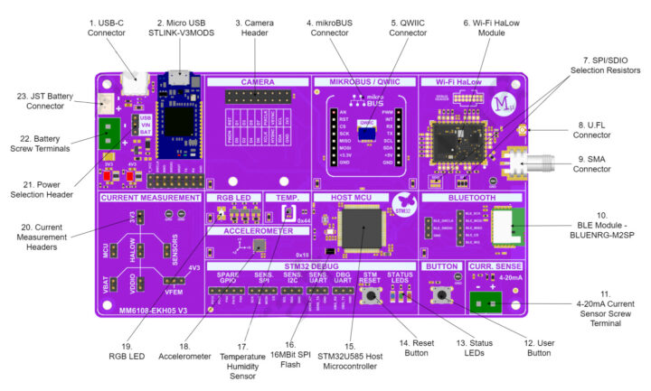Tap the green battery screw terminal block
(x=109, y=135)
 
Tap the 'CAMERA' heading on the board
(x=257, y=81)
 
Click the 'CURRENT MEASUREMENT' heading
(x=150, y=197)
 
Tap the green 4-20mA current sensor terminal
(x=486, y=300)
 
